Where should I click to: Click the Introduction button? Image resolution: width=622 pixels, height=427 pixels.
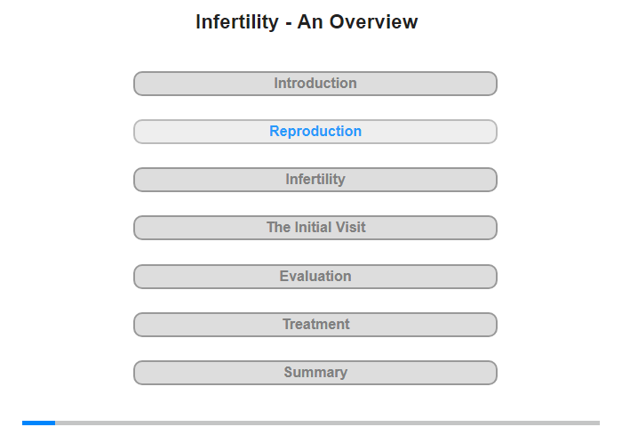315,84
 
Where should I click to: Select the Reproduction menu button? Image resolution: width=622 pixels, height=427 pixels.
315,132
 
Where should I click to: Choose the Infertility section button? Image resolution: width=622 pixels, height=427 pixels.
315,180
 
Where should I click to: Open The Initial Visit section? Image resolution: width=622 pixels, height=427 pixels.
315,228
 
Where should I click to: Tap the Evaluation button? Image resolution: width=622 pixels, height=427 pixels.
315,277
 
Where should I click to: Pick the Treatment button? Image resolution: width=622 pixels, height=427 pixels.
315,325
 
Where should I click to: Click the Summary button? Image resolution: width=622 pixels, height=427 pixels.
315,373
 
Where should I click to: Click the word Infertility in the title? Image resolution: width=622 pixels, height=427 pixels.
237,22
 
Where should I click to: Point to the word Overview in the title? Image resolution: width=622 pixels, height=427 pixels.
373,22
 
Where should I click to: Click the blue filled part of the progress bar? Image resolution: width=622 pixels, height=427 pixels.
38,423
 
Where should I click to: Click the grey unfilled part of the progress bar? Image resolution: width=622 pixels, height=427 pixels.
327,423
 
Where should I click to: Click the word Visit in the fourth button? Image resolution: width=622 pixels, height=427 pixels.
350,227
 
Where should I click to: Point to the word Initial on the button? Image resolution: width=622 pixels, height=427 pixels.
314,227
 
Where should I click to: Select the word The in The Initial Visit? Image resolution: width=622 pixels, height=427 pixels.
279,227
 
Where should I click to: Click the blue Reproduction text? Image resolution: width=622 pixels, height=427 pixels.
315,131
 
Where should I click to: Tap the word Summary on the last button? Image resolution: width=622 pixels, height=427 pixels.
315,373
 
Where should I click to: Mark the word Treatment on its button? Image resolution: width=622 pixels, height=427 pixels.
315,324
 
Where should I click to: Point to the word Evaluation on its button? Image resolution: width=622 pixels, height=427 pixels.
315,276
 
